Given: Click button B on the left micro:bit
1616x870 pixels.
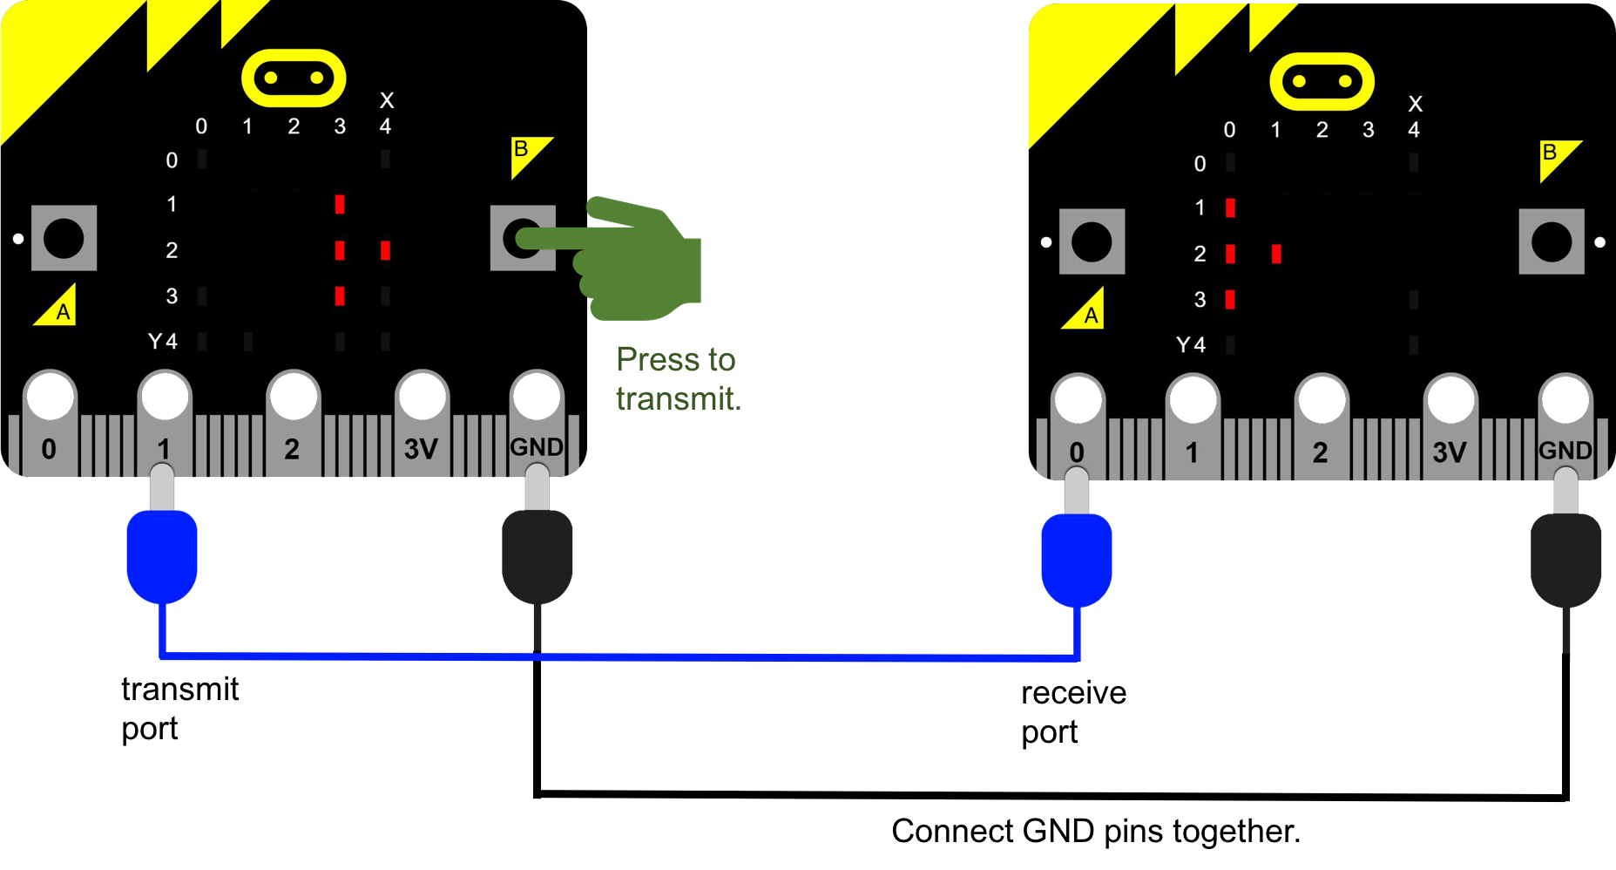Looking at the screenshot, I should tap(523, 238).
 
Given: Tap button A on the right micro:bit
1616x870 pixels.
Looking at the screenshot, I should tap(1092, 241).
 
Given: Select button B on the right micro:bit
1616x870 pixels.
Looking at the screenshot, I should tap(1552, 241).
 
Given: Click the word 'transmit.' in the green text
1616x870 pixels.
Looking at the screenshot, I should tap(678, 398).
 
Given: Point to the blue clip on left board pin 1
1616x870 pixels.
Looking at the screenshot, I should tap(162, 556).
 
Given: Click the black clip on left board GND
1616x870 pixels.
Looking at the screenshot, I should tap(538, 556).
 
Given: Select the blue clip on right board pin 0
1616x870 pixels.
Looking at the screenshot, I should tap(1077, 560).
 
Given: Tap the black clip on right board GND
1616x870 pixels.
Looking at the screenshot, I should tap(1565, 560).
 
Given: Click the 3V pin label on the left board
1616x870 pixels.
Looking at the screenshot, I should tap(421, 449).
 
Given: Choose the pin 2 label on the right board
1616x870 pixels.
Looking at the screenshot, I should tap(1320, 452).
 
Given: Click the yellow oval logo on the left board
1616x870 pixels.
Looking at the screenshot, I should tap(294, 78).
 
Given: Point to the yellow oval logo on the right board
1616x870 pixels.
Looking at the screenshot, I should tap(1322, 82).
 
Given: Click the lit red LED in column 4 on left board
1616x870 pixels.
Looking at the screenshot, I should tap(385, 251).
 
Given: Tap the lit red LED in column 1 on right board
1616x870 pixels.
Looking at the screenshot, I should tap(1276, 254).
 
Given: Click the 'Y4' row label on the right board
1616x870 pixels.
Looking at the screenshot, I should tap(1191, 345).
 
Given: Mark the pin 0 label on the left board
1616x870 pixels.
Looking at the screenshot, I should tap(49, 449).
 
